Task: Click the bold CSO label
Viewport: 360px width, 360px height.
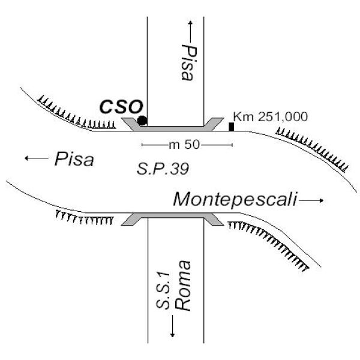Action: click(121, 107)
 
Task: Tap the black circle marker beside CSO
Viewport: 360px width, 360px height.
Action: click(142, 121)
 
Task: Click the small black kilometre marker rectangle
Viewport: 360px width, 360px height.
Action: click(231, 127)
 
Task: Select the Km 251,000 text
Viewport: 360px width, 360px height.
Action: click(271, 116)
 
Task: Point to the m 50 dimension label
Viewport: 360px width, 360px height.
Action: click(184, 145)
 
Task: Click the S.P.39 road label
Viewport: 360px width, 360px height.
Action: click(163, 169)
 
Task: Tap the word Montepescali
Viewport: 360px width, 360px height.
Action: click(235, 199)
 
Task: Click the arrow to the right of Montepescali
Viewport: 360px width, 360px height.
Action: click(311, 200)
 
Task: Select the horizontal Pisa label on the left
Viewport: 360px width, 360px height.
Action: click(74, 159)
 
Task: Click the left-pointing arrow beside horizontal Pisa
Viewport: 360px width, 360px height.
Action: click(37, 158)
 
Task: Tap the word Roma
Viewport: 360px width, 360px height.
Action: click(182, 286)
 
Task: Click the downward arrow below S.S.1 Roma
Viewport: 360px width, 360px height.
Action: click(172, 326)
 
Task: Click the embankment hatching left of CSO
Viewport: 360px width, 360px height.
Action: click(76, 113)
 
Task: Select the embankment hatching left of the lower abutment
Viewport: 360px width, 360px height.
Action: click(84, 218)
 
